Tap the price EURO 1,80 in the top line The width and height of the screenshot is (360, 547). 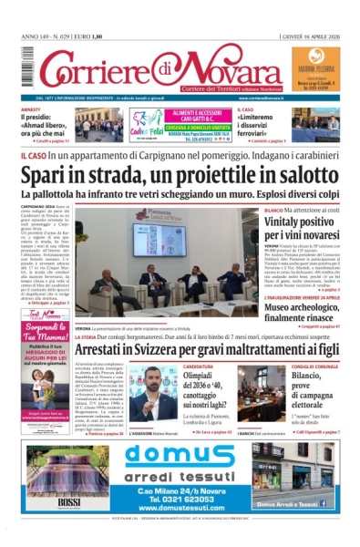[x=105, y=37]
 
